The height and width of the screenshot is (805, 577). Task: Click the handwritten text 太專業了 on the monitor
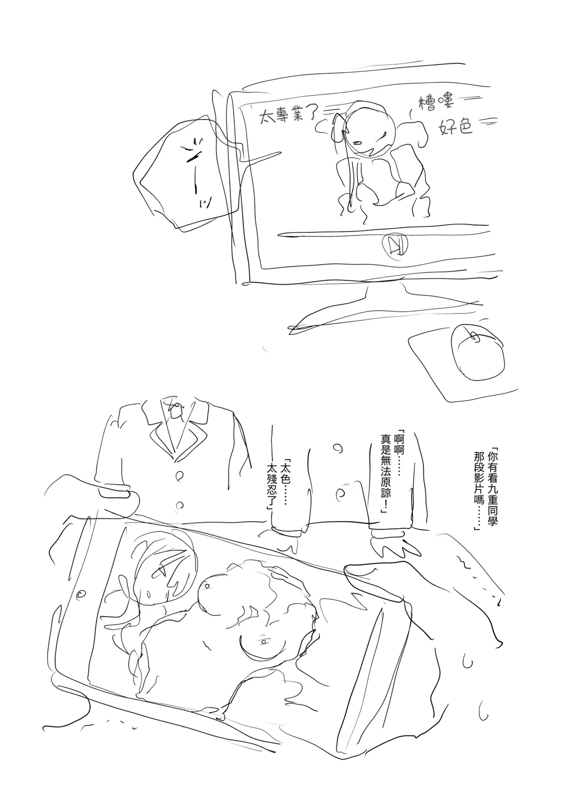[287, 116]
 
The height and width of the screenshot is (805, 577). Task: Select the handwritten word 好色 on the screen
[455, 128]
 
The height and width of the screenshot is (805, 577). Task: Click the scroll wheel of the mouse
[474, 336]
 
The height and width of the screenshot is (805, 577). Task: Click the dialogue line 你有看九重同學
[495, 487]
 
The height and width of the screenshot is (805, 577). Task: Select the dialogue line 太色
[284, 473]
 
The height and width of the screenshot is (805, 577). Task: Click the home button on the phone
[82, 594]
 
